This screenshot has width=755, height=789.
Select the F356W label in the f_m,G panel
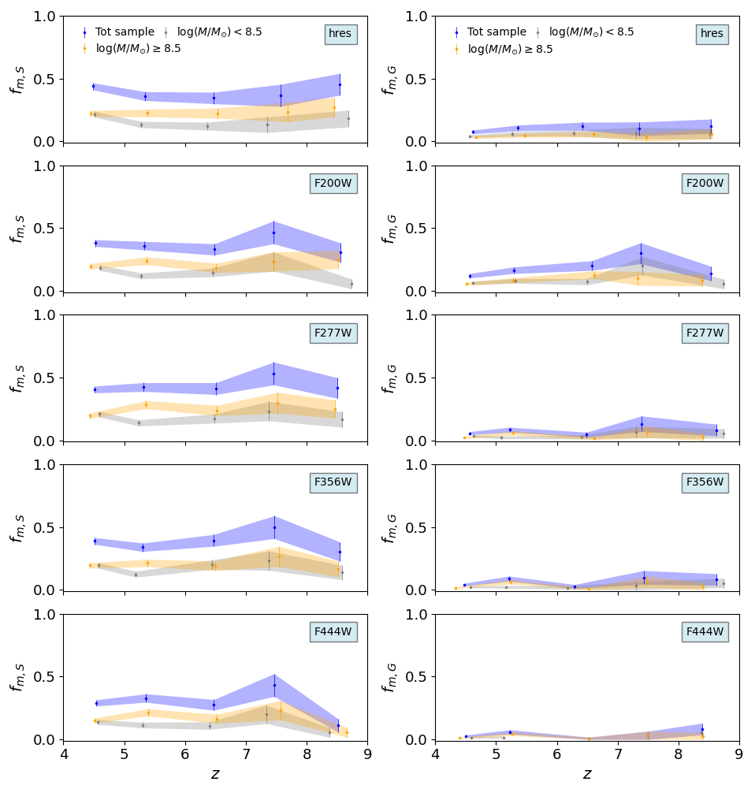point(705,482)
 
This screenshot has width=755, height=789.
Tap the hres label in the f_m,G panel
point(712,34)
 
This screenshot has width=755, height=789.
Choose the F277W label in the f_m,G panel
point(705,333)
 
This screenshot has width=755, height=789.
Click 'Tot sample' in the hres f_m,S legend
point(125,32)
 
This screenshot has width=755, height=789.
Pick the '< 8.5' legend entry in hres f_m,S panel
point(219,32)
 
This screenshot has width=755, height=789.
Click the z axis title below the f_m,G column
point(587,774)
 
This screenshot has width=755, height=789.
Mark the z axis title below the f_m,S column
point(215,774)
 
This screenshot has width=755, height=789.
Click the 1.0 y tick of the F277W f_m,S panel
point(43,315)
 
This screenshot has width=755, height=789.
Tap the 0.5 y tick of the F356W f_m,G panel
point(415,527)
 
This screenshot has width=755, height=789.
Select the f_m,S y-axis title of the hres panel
point(17,80)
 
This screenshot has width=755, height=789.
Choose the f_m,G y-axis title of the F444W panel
point(389,677)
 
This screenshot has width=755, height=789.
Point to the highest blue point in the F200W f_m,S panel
point(274,233)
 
